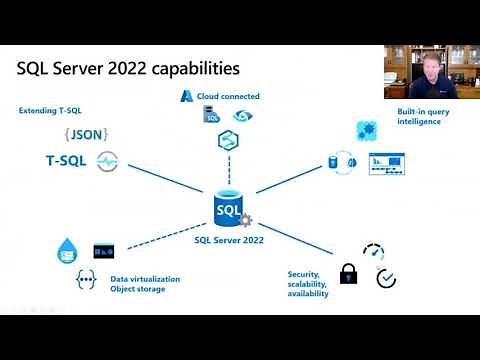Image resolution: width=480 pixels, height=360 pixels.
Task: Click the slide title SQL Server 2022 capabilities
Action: [128, 69]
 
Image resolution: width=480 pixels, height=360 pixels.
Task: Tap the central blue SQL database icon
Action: [227, 207]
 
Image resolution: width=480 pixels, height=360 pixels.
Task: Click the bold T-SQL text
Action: [66, 159]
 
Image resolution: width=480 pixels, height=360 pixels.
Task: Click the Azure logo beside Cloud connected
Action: [187, 95]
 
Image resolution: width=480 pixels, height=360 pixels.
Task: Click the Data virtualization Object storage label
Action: [145, 284]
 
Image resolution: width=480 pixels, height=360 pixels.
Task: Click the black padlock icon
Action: [348, 272]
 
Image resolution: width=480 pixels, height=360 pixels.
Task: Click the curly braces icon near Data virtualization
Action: [86, 281]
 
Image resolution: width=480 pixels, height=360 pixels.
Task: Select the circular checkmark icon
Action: [386, 278]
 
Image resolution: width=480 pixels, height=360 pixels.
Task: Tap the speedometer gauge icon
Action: [374, 251]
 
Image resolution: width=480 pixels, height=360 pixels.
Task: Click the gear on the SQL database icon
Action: [245, 220]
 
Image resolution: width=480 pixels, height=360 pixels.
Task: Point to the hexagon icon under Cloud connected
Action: [226, 139]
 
